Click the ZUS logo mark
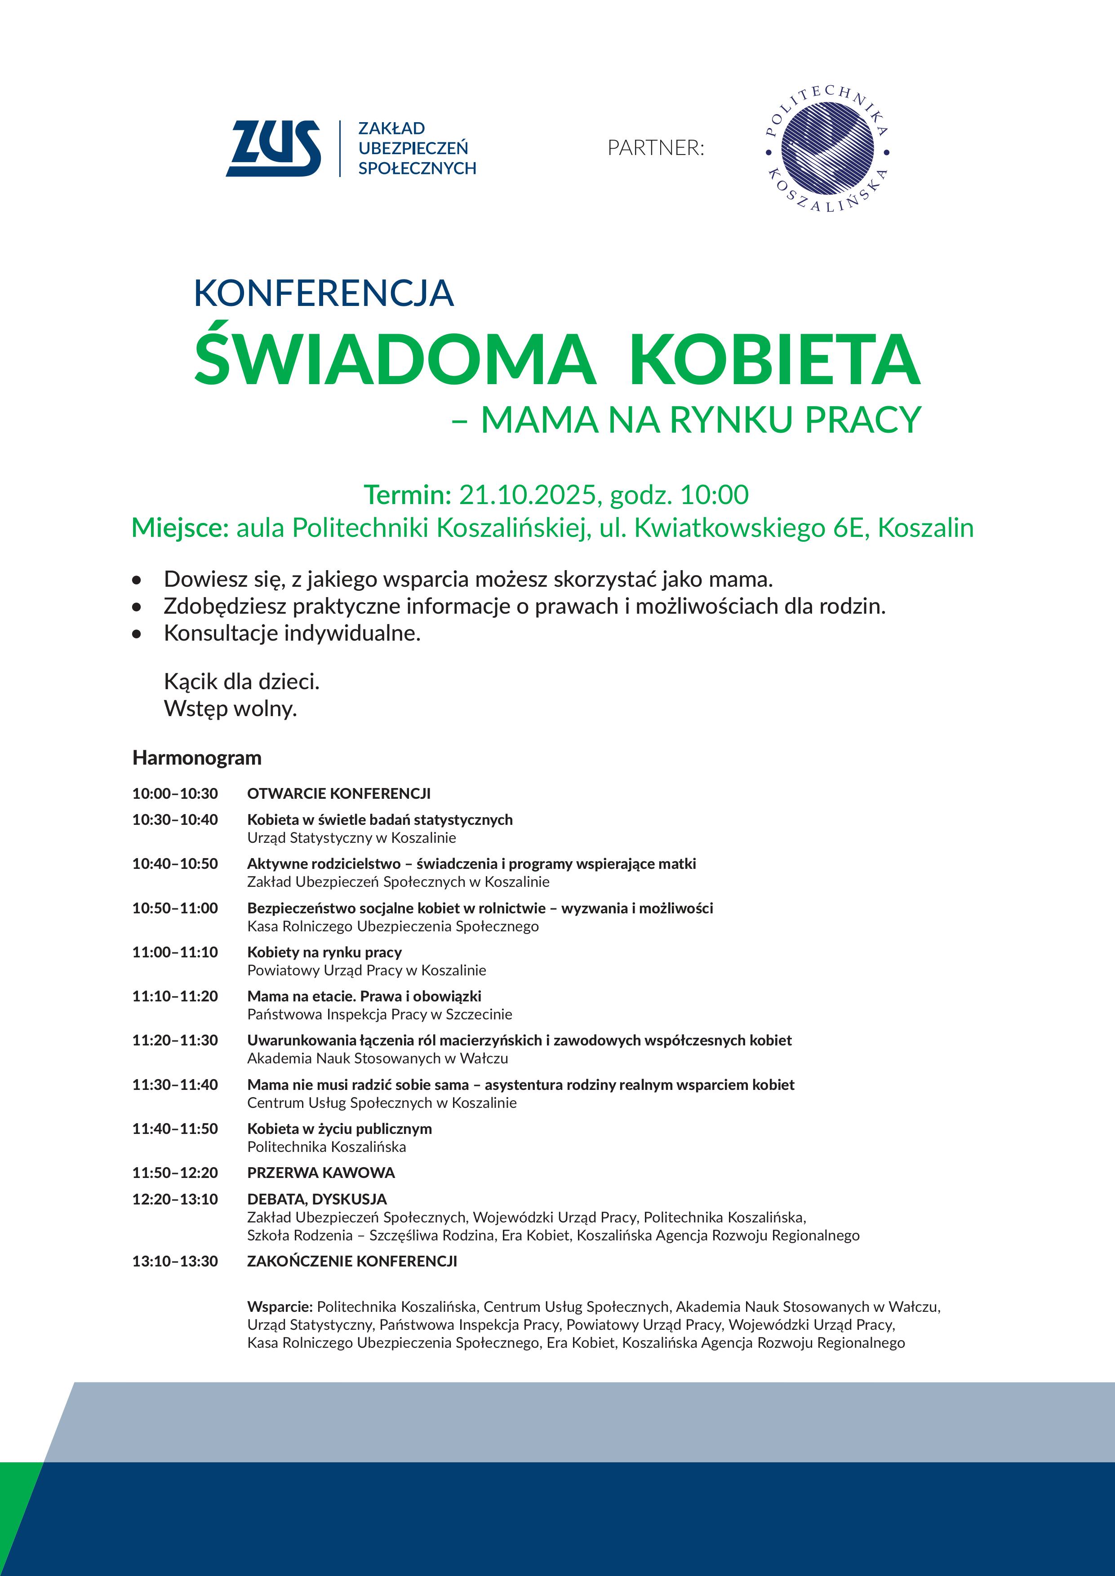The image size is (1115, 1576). (273, 148)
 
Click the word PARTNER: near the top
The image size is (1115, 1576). (656, 147)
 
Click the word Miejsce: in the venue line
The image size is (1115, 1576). (180, 528)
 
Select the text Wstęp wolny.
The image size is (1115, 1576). (230, 708)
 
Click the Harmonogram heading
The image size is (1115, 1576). (196, 758)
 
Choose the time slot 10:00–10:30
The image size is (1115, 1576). (175, 793)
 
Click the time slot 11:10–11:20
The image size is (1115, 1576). (175, 996)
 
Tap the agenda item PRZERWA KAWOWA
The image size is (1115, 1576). (320, 1173)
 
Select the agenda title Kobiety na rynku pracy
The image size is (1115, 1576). (324, 952)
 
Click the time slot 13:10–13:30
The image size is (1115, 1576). (175, 1261)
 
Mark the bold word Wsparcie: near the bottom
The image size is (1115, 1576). (280, 1306)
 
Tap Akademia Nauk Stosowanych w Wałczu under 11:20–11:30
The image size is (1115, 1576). (378, 1058)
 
